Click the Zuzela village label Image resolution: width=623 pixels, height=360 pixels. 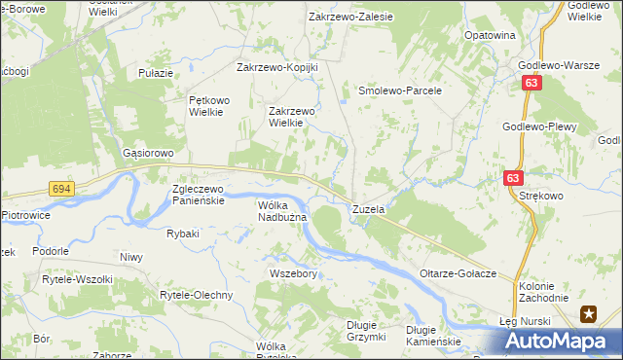[x=369, y=209]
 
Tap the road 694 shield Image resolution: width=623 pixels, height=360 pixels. [x=60, y=189]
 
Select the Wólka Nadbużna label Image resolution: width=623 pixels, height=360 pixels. [x=282, y=211]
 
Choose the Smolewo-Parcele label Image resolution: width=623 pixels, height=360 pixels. [x=400, y=90]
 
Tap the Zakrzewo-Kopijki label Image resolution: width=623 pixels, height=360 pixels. [x=278, y=68]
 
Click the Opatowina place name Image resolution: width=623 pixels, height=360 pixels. [x=489, y=35]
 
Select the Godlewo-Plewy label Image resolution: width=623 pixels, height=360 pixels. [x=540, y=127]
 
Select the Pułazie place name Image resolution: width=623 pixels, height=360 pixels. [x=156, y=73]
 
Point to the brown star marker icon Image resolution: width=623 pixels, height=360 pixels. [x=589, y=313]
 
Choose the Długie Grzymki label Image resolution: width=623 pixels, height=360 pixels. [x=366, y=332]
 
